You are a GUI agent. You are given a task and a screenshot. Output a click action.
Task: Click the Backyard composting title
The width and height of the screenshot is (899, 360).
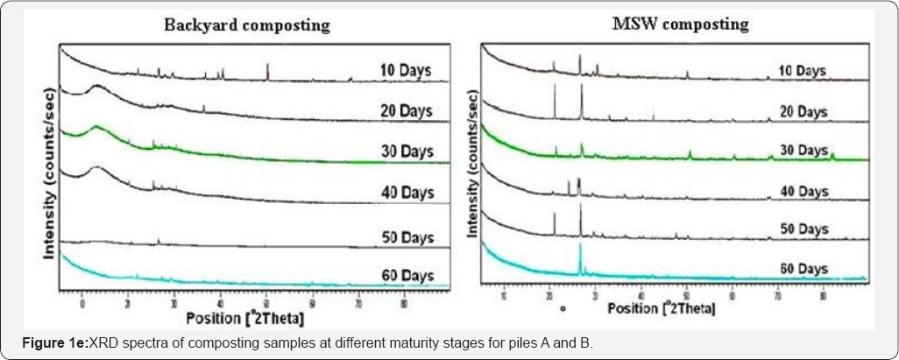coord(247,25)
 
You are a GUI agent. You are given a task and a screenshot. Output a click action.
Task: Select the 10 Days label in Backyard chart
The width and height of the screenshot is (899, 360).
coord(406,70)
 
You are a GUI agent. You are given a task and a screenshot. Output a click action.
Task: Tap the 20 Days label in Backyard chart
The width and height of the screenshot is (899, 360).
coord(406,110)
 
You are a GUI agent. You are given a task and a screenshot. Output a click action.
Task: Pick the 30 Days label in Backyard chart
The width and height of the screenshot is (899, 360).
coord(406,152)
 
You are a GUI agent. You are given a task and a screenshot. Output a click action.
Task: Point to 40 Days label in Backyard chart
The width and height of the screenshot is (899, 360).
coord(406,193)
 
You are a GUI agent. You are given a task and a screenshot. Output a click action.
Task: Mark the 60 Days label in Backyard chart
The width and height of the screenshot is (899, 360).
coord(406,276)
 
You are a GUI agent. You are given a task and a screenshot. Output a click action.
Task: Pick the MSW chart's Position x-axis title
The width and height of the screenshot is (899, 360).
coord(662,307)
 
